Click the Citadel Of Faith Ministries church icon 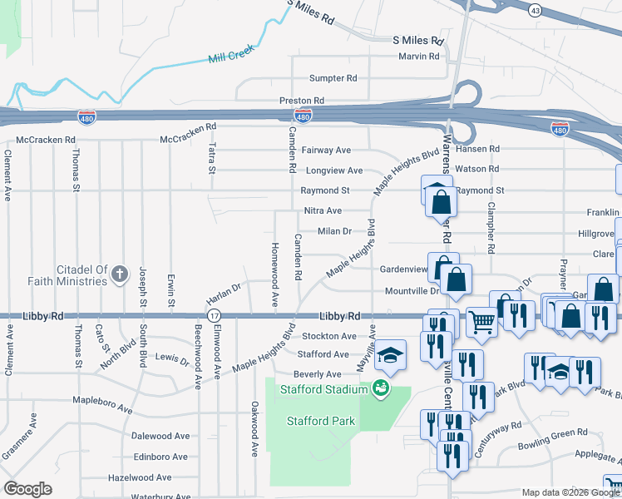click(120, 272)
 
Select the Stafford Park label click(321, 421)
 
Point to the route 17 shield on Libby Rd click(215, 316)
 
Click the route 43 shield click(535, 10)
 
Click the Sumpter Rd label click(333, 78)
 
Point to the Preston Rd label click(301, 101)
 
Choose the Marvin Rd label click(418, 56)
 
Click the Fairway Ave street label click(326, 151)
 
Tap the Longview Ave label click(334, 170)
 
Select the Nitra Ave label click(323, 211)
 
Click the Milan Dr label click(335, 231)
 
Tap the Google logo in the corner click(27, 489)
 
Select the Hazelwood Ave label click(139, 477)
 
